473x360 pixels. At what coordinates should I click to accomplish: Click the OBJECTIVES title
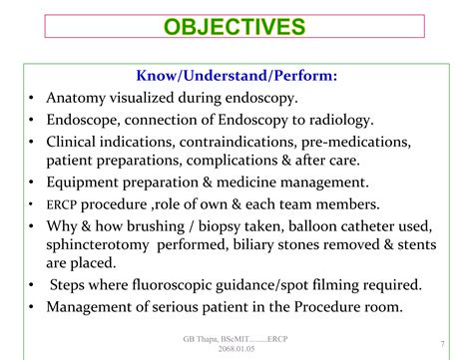(x=236, y=27)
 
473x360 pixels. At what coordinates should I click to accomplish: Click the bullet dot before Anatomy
(x=33, y=98)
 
